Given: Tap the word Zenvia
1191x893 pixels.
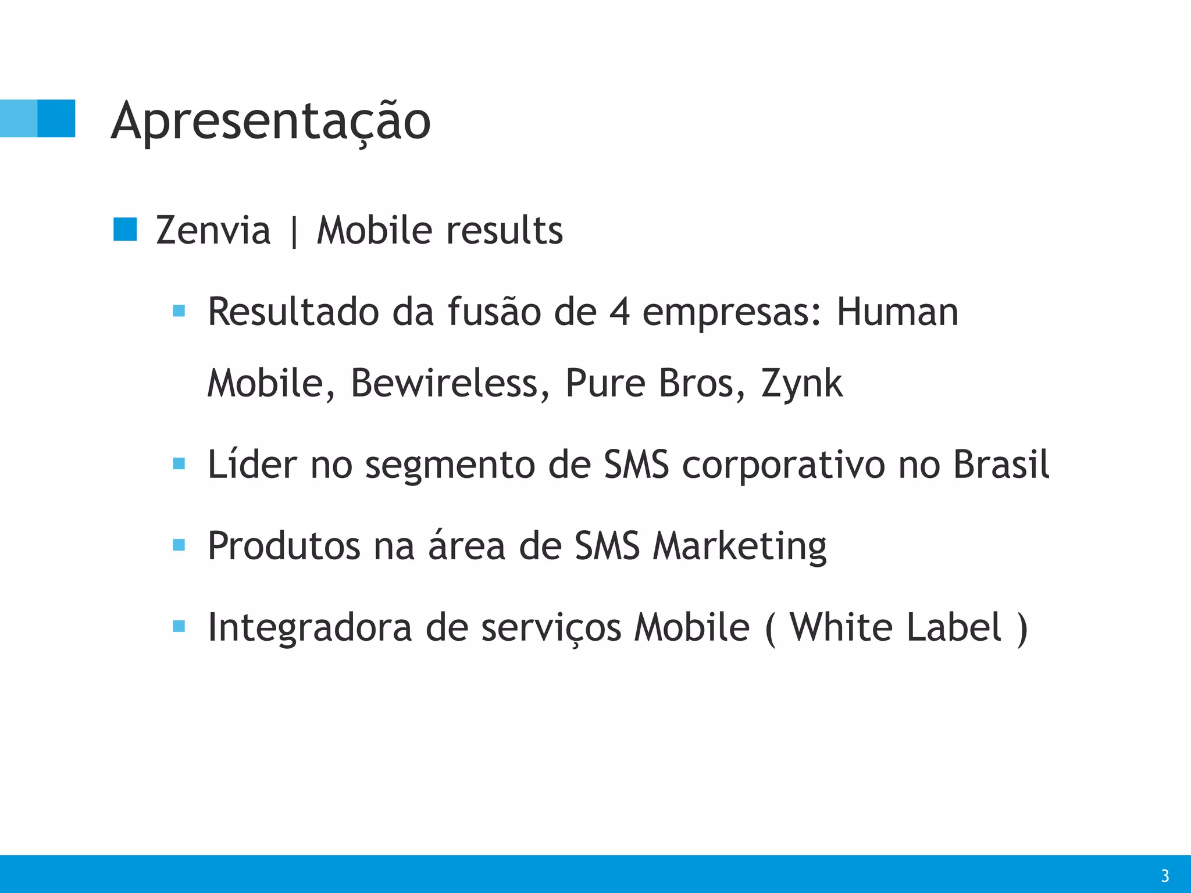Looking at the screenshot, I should pos(213,230).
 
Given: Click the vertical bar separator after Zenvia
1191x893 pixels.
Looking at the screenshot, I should pos(294,231).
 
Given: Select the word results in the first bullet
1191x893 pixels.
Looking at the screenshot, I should pos(504,230).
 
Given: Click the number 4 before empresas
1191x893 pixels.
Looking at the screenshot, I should pos(620,312).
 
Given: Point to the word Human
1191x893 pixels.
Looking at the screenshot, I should pos(897,312).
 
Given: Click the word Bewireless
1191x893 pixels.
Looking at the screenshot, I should pos(450,383).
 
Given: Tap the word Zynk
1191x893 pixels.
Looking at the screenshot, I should pos(802,384).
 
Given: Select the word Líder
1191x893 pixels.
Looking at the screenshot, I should pos(252,465).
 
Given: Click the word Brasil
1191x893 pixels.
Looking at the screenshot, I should pos(1001,465).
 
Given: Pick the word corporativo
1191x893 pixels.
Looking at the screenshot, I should pos(783,466).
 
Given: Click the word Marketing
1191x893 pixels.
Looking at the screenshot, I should pos(739,547).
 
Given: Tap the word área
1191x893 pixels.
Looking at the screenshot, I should pos(466,546).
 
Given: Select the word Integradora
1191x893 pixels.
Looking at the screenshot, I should pos(310,628).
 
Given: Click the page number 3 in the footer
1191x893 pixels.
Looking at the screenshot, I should pos(1164,876).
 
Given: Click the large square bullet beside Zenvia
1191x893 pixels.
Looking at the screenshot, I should pos(125,230).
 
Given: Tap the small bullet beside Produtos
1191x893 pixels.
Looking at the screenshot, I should pos(179,545).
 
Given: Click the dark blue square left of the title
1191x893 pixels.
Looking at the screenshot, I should pos(56,119).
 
